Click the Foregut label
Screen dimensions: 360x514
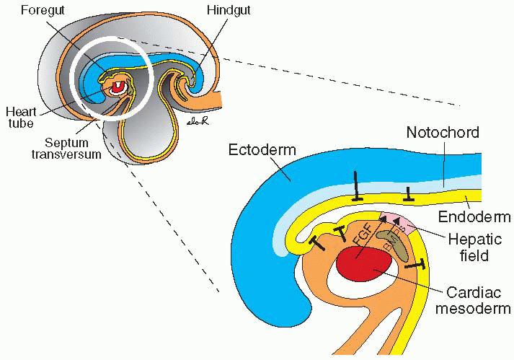[40, 11]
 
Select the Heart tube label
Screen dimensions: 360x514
[21, 117]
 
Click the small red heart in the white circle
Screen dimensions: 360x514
[118, 88]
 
